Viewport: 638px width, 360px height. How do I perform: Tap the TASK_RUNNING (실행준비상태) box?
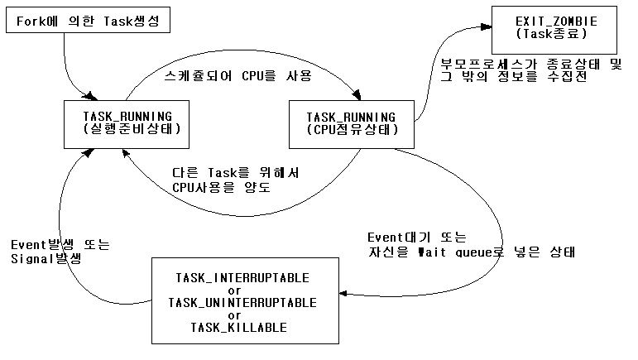tap(122, 122)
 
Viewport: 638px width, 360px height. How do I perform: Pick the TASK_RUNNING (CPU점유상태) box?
tap(351, 122)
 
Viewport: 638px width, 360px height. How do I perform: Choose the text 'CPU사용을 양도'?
tap(221, 187)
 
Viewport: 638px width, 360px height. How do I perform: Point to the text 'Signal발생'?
tap(46, 259)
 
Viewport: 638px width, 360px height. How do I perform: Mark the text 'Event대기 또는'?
tap(417, 236)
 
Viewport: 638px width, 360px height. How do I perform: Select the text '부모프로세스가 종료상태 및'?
tap(529, 64)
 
